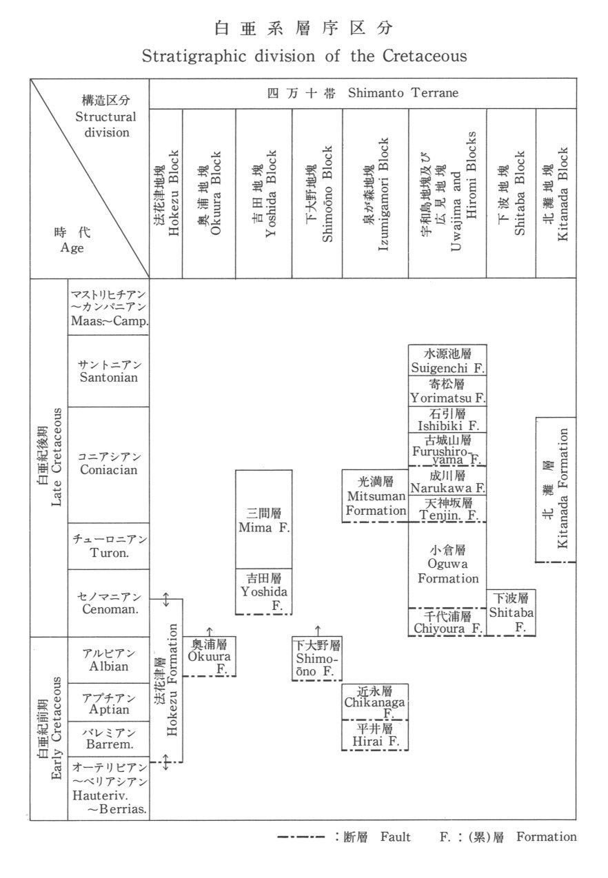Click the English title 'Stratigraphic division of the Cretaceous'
pos(304,57)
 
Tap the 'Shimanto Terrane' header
pos(363,94)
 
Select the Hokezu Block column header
pos(166,192)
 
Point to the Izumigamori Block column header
pos(376,192)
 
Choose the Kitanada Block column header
pos(556,192)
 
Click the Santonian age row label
pos(109,371)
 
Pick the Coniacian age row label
pos(109,464)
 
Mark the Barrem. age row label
pos(109,738)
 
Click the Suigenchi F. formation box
pos(447,360)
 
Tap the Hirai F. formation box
pos(375,735)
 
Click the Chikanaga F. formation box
pos(375,702)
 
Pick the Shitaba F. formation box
pos(511,612)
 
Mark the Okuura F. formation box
pos(210,656)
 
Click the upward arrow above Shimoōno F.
pos(318,630)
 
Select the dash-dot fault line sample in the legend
pos(301,838)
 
